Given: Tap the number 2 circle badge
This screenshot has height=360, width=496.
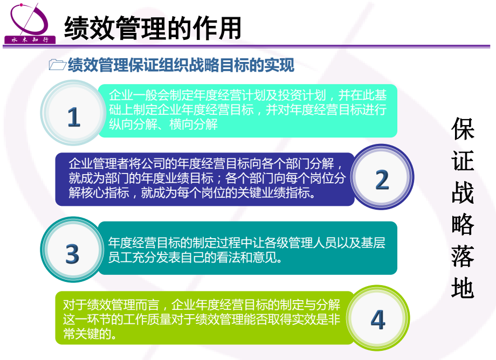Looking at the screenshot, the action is [382, 177].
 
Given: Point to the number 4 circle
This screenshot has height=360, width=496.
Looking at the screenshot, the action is [377, 318].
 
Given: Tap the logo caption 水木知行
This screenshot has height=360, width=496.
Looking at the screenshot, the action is [30, 40].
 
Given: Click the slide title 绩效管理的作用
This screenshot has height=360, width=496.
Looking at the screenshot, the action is [153, 29].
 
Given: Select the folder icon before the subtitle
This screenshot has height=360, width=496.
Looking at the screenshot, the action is [57, 65].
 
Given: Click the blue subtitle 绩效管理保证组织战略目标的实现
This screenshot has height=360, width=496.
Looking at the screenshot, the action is [181, 65].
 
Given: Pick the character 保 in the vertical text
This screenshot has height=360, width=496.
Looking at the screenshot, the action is [463, 129].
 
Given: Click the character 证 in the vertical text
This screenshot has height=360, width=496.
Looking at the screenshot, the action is [463, 161].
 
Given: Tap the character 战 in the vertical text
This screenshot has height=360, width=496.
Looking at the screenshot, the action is [463, 192].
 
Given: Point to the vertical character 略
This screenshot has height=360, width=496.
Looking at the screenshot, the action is [463, 224].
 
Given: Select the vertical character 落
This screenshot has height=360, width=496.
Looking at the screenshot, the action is [463, 256].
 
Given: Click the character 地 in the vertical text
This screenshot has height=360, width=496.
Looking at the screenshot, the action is [463, 288].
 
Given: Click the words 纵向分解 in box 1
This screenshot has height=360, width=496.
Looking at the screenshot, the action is [133, 124].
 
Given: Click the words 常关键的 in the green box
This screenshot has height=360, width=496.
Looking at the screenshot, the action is [87, 334].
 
